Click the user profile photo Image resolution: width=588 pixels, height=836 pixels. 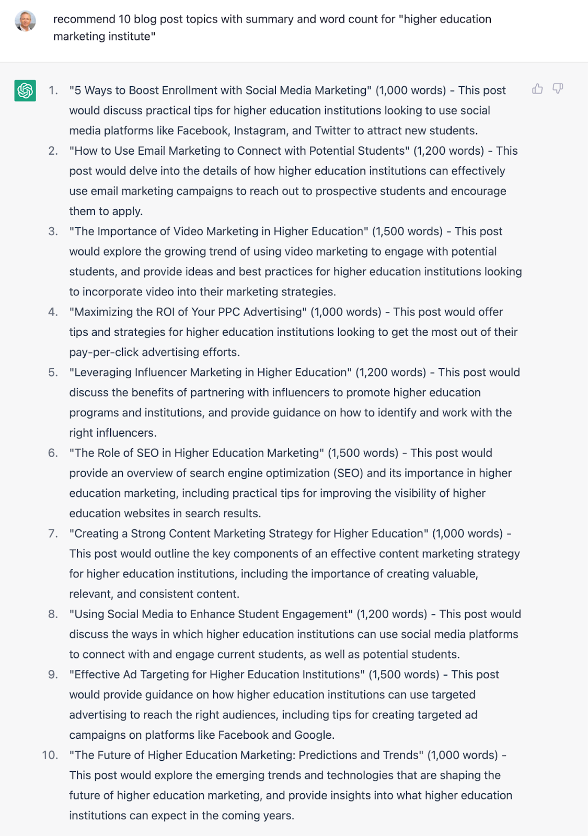coord(25,21)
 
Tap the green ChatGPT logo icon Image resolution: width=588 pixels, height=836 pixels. coord(25,90)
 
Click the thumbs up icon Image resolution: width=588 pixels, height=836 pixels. coord(537,89)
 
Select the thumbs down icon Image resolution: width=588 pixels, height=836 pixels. coord(558,89)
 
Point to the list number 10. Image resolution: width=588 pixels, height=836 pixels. coord(50,755)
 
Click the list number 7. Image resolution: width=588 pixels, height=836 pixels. coord(53,533)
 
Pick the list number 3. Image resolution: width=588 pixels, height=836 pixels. coord(53,231)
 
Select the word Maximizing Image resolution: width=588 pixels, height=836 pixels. coord(103,312)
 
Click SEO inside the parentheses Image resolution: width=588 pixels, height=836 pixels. coord(348,473)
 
